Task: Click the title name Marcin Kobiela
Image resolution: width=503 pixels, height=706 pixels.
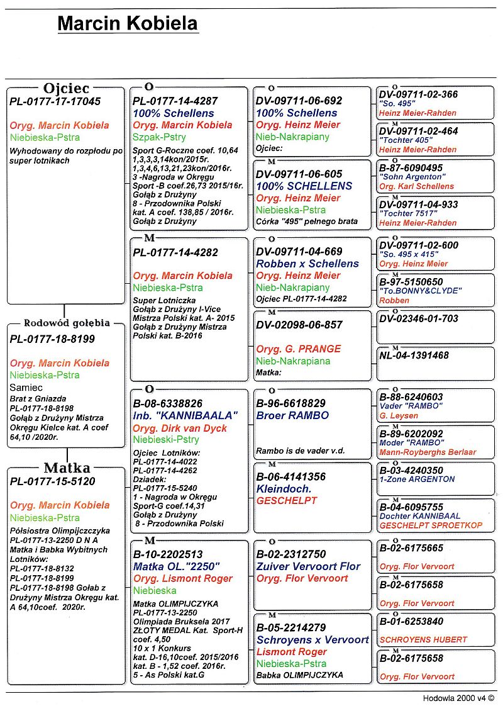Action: [x=128, y=24]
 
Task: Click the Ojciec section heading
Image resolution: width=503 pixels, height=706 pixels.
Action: [x=66, y=89]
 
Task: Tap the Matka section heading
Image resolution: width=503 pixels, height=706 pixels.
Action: [x=66, y=468]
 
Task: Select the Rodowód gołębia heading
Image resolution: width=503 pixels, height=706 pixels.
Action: [x=67, y=323]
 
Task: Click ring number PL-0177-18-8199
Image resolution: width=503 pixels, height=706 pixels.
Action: [x=52, y=339]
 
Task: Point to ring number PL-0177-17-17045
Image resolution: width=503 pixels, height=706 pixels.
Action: [x=55, y=101]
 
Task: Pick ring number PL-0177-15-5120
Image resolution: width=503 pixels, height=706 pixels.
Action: [x=52, y=481]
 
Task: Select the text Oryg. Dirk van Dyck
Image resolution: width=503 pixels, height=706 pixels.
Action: [x=180, y=429]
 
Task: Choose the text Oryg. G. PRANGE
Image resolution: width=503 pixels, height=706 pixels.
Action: [x=299, y=349]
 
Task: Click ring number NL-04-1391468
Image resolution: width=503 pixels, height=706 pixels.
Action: [x=414, y=356]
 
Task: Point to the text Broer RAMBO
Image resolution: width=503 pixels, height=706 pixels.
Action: [x=288, y=416]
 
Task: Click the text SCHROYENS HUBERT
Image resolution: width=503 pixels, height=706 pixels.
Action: [x=423, y=640]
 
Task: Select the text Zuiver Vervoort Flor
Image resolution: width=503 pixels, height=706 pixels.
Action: [x=309, y=566]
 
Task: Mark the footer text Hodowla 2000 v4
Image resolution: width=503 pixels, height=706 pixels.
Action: [x=458, y=698]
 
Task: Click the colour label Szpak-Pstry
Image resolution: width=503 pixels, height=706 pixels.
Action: [x=159, y=137]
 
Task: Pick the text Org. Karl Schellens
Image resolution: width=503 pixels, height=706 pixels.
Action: [x=416, y=186]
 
